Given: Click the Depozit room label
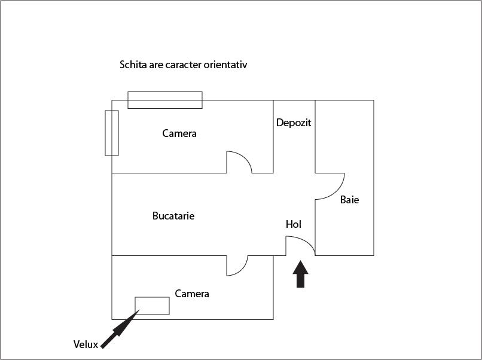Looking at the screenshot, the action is [x=294, y=123].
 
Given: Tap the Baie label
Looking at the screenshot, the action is [x=349, y=200].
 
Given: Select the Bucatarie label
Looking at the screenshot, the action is [x=173, y=216].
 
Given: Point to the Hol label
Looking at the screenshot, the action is [x=294, y=224].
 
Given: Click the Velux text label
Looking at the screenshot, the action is [x=86, y=344].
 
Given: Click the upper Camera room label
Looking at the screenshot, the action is [x=179, y=133].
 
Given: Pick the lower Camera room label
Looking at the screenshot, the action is [x=192, y=294].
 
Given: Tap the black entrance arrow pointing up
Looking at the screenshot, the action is [x=300, y=274].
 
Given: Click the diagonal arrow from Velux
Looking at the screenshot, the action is [x=120, y=329].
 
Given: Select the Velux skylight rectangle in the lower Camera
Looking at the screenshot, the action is [x=152, y=306].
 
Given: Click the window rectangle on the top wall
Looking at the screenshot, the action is [x=165, y=100].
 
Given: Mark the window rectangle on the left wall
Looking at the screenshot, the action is [x=112, y=133].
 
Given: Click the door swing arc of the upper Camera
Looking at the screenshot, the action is [x=239, y=162].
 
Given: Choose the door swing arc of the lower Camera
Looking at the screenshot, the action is [x=237, y=266].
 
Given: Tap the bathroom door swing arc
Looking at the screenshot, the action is [x=330, y=187].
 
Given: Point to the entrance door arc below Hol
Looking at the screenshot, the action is [x=300, y=246].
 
